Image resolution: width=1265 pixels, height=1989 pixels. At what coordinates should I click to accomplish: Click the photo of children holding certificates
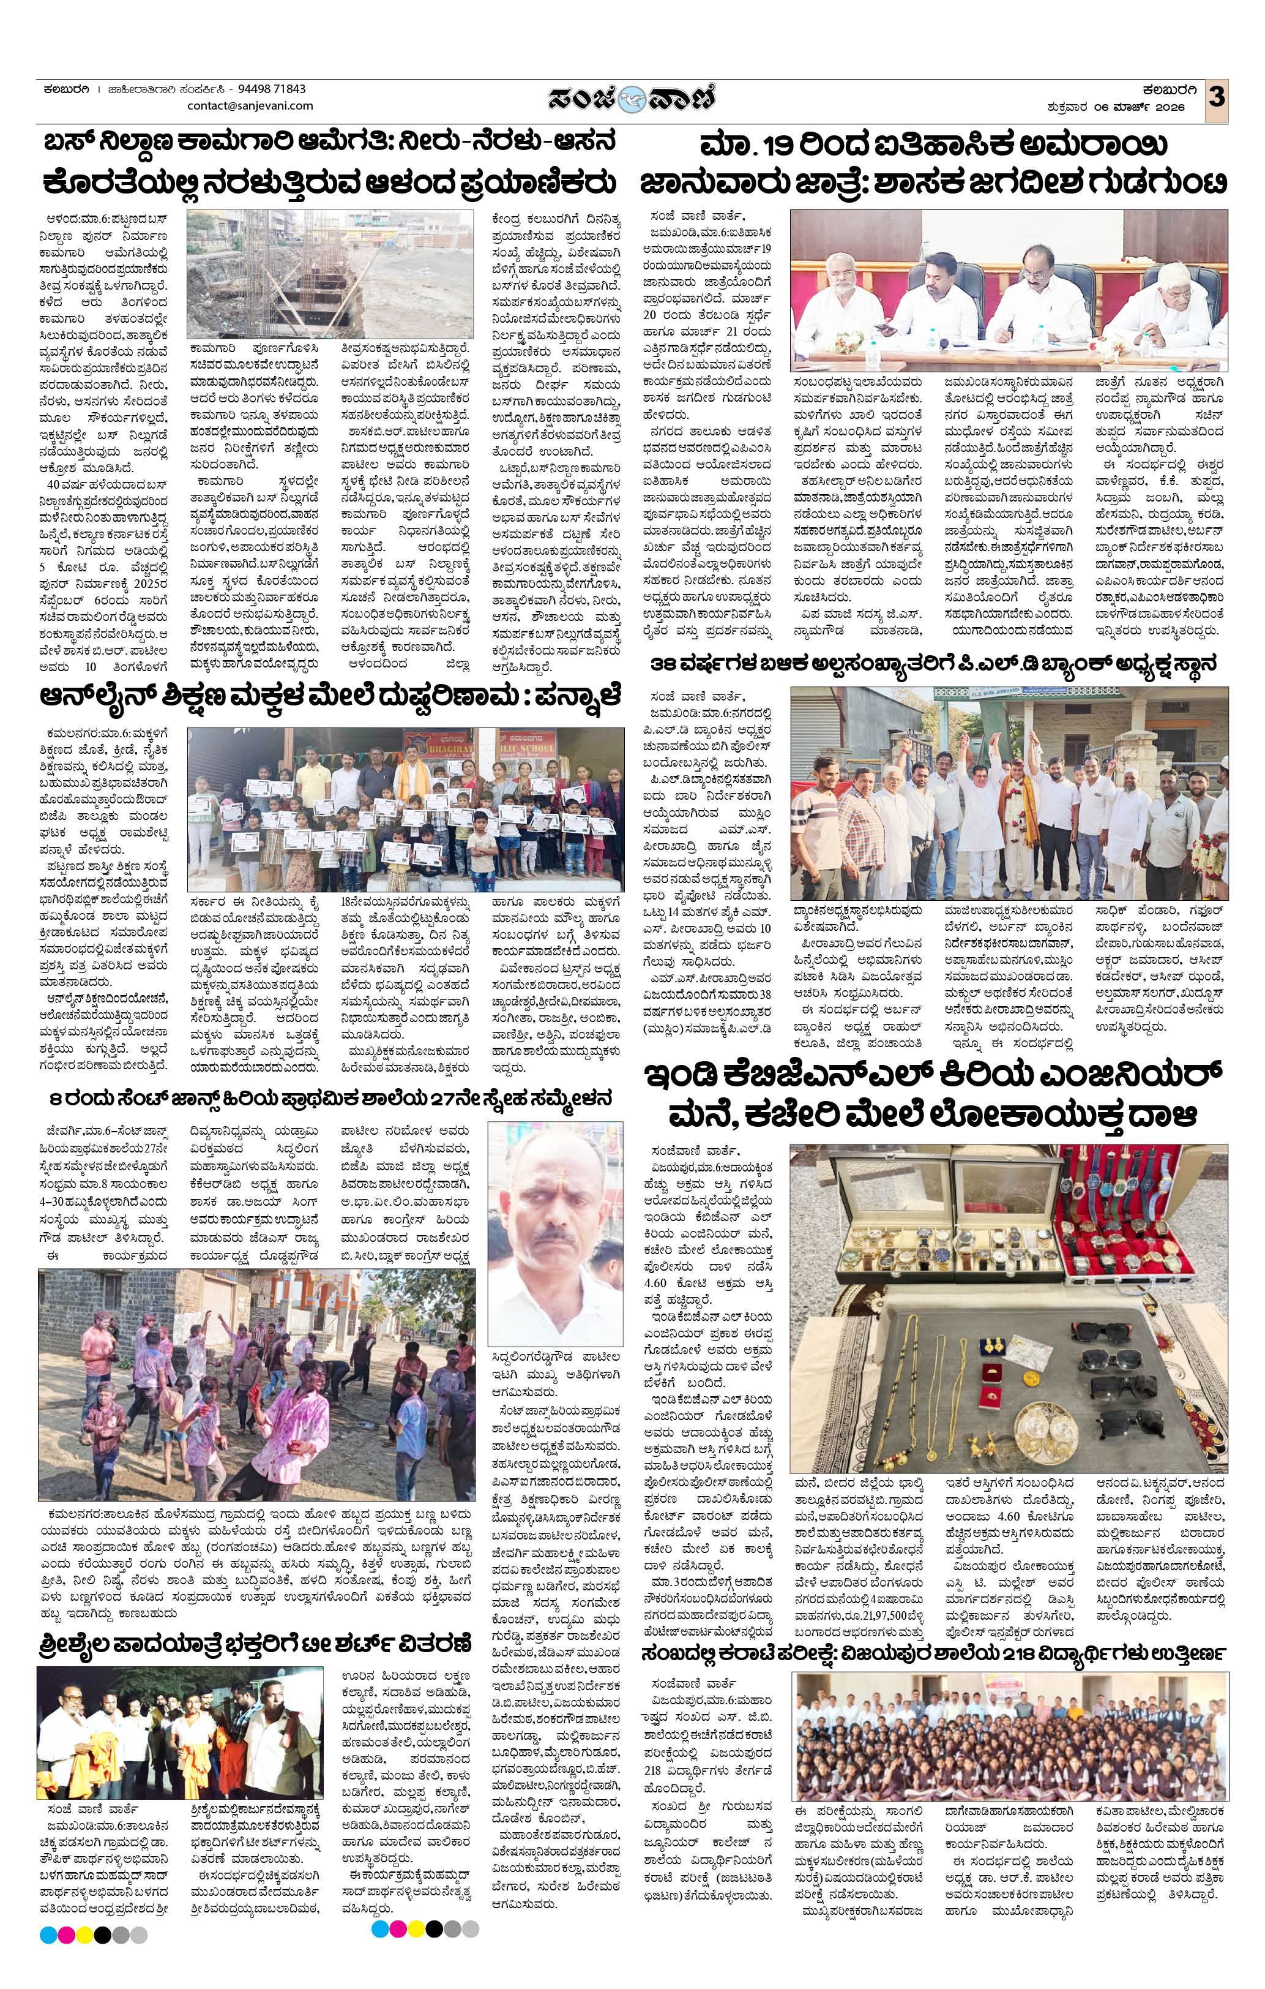click(405, 809)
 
